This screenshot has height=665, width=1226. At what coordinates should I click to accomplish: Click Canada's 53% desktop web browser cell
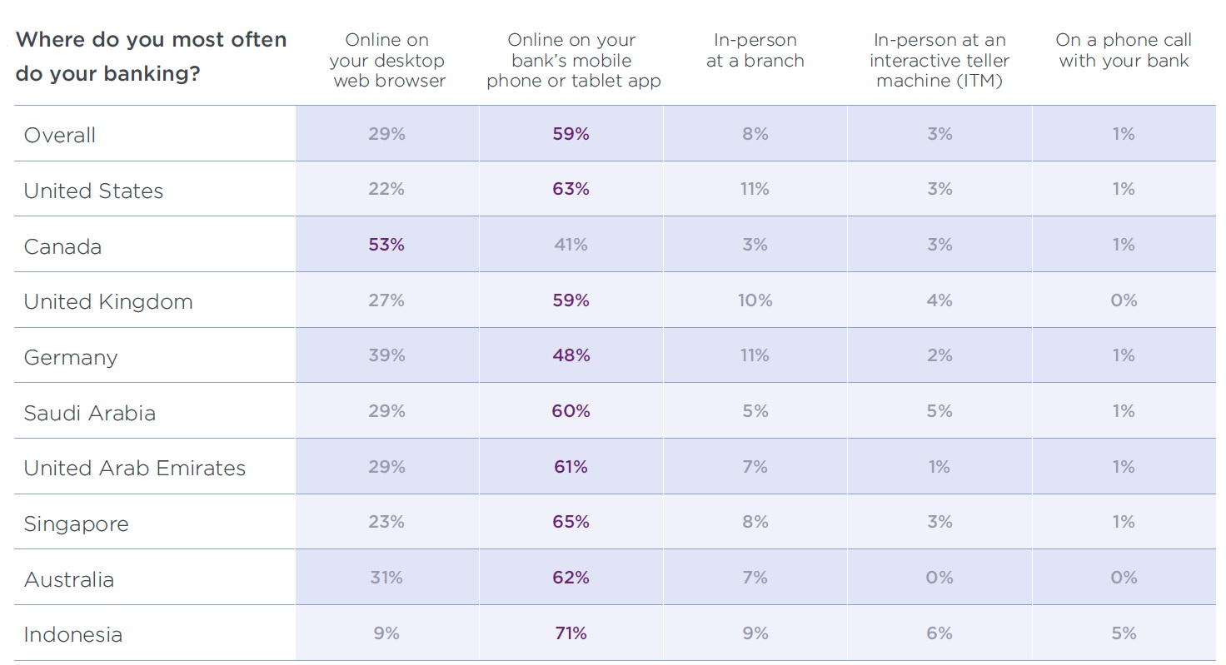[386, 245]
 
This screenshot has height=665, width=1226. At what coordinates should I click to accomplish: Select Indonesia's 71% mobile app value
[571, 633]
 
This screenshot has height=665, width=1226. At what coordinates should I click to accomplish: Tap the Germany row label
[71, 358]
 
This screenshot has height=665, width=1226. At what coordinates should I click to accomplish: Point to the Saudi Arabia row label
[90, 413]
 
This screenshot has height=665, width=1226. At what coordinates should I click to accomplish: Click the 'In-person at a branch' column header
[755, 51]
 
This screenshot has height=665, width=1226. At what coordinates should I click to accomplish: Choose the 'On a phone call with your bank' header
[1124, 51]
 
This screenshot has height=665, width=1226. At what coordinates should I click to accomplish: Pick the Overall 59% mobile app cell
[571, 134]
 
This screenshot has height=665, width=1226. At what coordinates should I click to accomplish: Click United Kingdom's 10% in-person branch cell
[755, 300]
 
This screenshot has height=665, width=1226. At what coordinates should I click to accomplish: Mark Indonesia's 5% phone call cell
[1124, 633]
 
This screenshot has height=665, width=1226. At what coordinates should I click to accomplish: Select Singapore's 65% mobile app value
[571, 522]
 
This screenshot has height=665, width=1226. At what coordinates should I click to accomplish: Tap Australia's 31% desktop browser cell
[386, 578]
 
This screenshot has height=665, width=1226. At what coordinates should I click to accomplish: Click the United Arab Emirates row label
[135, 469]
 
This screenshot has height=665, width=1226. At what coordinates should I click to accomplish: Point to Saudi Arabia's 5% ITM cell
[939, 411]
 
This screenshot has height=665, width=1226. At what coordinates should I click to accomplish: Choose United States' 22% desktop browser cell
[386, 190]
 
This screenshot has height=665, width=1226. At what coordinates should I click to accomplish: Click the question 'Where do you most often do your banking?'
[151, 57]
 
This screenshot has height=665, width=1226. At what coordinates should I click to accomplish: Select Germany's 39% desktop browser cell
[386, 355]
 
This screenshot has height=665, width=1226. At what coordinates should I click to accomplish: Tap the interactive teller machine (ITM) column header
[939, 61]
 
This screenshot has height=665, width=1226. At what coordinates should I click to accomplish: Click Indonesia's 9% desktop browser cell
[386, 633]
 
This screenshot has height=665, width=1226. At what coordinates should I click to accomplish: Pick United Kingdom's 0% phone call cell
[1124, 300]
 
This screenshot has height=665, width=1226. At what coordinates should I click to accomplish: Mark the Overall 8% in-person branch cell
[755, 134]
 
